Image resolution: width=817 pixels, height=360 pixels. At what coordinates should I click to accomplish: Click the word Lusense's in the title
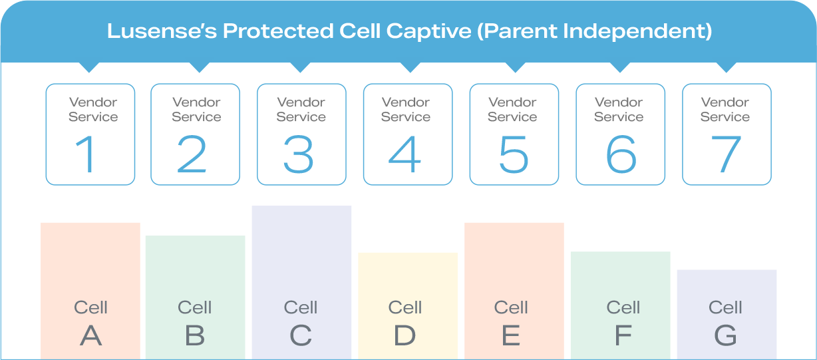click(162, 31)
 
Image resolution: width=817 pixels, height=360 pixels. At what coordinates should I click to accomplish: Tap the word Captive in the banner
click(428, 31)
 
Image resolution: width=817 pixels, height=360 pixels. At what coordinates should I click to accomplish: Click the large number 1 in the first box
click(86, 154)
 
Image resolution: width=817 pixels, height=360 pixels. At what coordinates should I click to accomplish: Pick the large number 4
click(405, 154)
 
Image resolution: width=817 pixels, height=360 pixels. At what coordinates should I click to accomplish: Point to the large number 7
click(726, 154)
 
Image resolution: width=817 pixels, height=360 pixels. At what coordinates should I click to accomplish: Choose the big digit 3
click(298, 154)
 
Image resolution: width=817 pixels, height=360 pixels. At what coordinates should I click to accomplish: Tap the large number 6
click(621, 154)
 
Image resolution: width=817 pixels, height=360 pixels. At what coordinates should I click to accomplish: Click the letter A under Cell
click(90, 335)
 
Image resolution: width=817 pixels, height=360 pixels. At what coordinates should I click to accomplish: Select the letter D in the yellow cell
click(405, 335)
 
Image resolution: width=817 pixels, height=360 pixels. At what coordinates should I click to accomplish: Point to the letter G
click(725, 335)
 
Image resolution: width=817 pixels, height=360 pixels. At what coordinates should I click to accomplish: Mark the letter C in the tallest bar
click(301, 335)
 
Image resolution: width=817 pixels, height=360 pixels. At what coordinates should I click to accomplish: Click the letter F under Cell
click(623, 335)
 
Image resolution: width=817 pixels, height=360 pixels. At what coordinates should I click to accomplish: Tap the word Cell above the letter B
click(194, 307)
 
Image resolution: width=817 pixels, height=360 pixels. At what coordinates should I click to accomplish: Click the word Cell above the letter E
click(511, 307)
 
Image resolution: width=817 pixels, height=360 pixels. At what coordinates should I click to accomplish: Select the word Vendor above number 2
click(196, 102)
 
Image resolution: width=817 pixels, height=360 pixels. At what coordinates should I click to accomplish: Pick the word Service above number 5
click(512, 116)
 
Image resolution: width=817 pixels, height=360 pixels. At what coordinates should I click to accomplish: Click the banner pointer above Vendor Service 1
click(89, 67)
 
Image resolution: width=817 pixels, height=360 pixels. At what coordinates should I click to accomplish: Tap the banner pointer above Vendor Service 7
click(726, 67)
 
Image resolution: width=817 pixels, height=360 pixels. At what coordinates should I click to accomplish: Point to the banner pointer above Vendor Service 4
click(410, 67)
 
